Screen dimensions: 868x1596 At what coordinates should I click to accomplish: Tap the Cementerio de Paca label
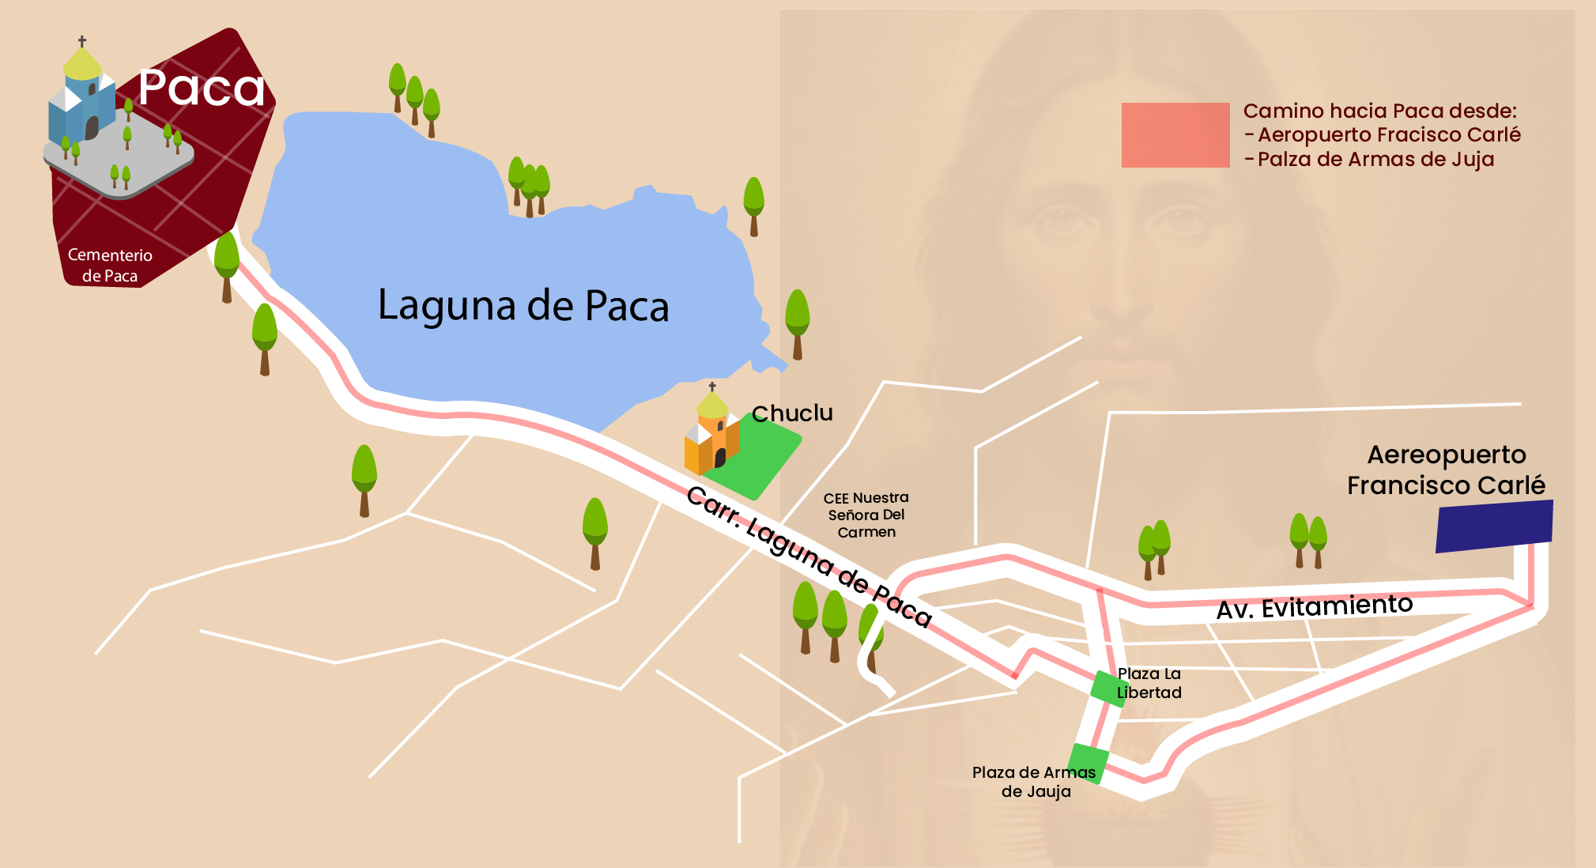coord(110,265)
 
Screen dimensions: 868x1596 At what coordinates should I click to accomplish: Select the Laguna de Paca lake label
coord(523,305)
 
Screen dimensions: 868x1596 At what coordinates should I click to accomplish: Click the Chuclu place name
coord(792,413)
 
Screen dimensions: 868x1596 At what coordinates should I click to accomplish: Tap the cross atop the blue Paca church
coord(82,40)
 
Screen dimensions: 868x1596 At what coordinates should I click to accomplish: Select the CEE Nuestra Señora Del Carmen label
coord(866,515)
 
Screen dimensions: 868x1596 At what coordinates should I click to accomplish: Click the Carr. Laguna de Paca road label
coord(809,556)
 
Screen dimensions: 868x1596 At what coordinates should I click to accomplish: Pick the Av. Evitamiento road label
coord(1314,607)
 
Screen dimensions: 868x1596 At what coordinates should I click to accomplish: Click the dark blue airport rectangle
coord(1494,526)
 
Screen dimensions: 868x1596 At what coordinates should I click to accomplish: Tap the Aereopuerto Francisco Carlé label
coord(1446,470)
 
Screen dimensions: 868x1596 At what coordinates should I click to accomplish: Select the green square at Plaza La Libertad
coord(1108,689)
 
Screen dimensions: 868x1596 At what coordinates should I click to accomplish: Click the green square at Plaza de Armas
coord(1088,763)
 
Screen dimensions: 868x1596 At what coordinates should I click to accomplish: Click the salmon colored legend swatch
coord(1175,135)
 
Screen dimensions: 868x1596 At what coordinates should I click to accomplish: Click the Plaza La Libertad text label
coord(1149,683)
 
